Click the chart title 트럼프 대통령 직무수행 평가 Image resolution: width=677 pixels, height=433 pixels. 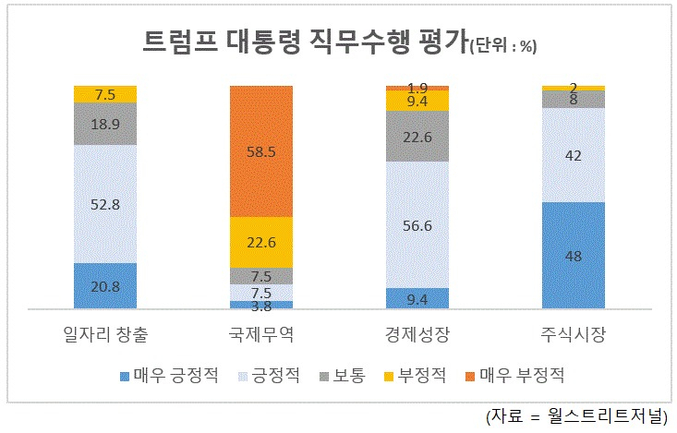305,42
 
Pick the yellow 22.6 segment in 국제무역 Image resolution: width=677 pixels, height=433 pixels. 260,242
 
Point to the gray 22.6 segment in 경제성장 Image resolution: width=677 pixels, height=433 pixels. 417,136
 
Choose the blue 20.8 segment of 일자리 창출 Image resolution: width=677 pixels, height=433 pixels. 105,285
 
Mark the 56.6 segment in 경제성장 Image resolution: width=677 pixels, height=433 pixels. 417,224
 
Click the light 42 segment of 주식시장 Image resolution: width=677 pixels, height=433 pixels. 573,154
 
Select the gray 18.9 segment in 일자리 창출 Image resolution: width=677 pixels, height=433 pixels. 105,123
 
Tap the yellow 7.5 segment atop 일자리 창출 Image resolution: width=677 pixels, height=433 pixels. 105,93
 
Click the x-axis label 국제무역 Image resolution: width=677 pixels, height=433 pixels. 260,331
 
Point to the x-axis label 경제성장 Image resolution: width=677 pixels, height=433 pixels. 417,331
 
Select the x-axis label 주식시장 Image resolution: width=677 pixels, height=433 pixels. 573,331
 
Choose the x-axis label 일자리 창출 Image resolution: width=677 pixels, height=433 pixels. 105,331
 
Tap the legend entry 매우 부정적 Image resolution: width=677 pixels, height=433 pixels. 520,375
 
